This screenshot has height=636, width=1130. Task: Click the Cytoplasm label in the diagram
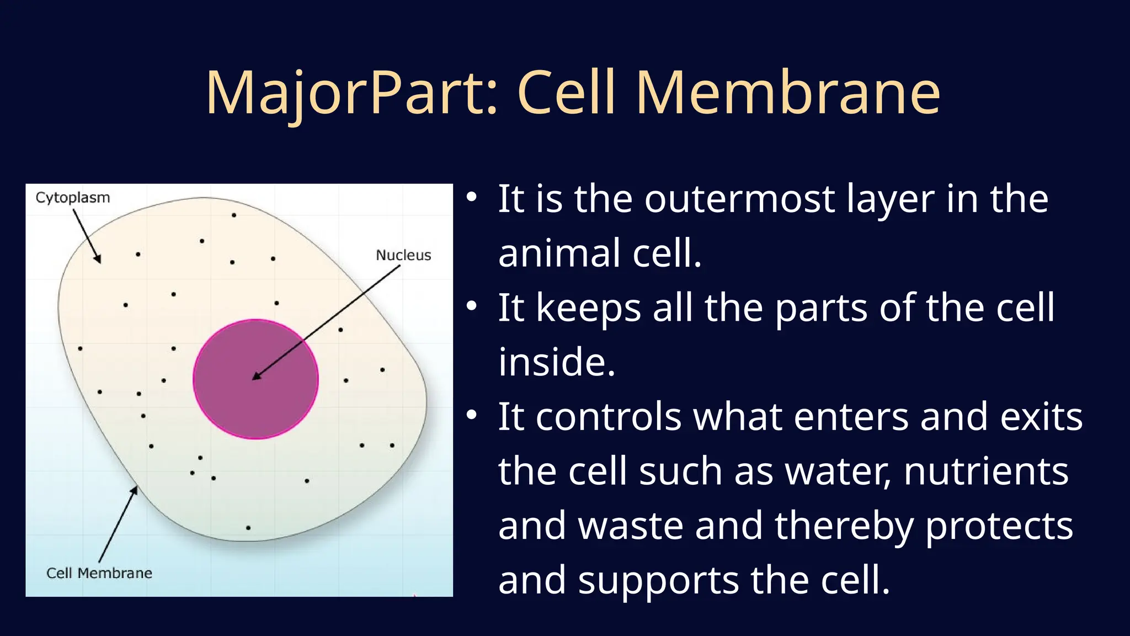[x=72, y=198]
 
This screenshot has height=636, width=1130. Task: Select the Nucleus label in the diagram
[x=403, y=255]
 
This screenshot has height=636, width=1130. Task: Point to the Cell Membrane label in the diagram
[x=99, y=573]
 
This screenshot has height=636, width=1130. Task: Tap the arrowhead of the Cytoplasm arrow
[x=98, y=258]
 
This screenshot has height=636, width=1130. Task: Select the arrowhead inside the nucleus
[x=257, y=375]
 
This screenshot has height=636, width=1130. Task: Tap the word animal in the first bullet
[x=559, y=253]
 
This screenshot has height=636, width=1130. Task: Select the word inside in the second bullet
[x=556, y=362]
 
